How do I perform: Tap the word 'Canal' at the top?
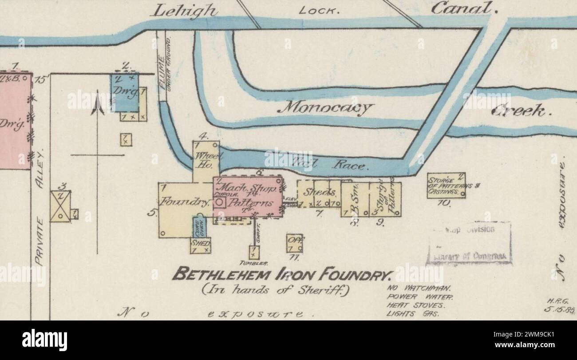point(463,8)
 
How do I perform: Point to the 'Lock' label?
point(319,10)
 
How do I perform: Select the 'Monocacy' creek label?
point(328,107)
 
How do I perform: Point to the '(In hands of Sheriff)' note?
point(276,291)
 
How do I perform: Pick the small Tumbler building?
point(253,253)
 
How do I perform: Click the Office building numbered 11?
point(294,243)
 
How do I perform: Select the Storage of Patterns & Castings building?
point(446,185)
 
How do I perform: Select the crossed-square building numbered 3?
point(60,206)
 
